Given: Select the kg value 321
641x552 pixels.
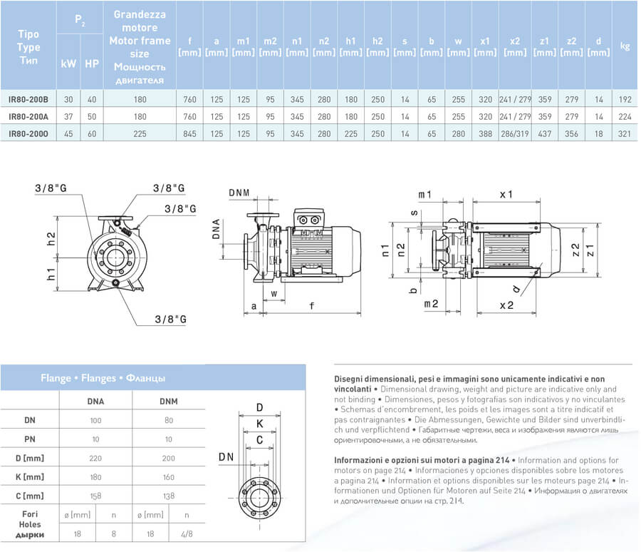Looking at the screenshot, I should pos(625,133).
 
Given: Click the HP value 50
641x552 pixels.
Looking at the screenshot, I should pos(91,116).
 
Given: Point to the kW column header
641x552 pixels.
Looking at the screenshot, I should pos(68,63).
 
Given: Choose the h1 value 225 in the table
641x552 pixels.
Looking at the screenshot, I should pos(350,133).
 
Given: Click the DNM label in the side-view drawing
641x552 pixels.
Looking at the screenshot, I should pos(241,193).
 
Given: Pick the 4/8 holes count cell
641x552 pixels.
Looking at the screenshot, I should pos(186,532).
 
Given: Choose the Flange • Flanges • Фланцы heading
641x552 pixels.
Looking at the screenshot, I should pos(103,378).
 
